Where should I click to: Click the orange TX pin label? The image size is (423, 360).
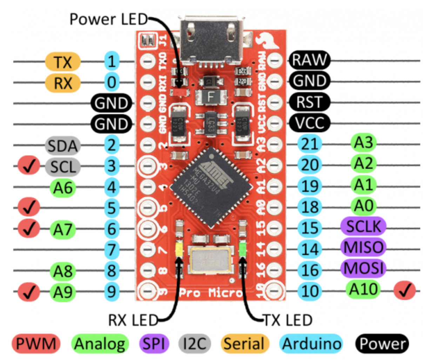[63, 62]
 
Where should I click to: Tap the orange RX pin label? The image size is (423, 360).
[63, 83]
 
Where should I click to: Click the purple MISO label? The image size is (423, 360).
[363, 248]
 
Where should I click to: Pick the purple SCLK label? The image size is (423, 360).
[363, 227]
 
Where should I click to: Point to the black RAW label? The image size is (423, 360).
[309, 60]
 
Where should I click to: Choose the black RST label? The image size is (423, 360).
[309, 102]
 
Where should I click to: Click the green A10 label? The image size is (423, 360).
[363, 289]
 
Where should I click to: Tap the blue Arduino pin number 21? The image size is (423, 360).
[309, 144]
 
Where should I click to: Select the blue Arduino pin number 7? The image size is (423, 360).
[112, 250]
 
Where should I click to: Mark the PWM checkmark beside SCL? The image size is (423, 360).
[29, 166]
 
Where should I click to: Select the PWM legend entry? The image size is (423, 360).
[36, 344]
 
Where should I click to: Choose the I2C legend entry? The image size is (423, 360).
[195, 344]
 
